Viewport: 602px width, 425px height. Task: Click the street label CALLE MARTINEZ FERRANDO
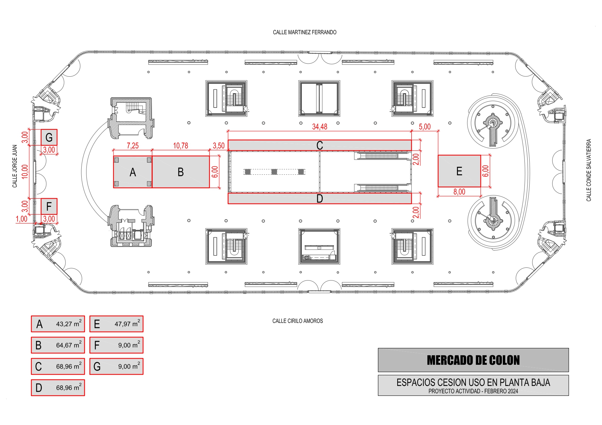pos(305,32)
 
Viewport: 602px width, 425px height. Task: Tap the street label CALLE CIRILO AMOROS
pos(297,321)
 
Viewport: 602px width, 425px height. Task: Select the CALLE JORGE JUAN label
pos(15,166)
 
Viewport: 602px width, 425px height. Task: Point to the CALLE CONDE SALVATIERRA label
pos(589,170)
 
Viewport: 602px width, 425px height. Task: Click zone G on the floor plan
pos(49,137)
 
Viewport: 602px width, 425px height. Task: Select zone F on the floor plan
pos(49,207)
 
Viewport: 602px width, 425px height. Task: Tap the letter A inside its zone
pos(133,172)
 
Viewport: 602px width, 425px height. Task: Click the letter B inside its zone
pos(181,172)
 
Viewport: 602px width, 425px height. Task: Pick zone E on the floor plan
pos(459,171)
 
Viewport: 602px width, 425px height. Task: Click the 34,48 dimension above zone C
pos(320,127)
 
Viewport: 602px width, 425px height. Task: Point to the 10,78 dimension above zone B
pos(180,146)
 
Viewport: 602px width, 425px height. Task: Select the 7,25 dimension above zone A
pos(133,146)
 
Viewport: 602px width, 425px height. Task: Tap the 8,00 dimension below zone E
pos(459,192)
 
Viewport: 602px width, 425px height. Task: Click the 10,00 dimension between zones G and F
pos(25,172)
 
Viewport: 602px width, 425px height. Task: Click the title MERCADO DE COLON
pos(473,360)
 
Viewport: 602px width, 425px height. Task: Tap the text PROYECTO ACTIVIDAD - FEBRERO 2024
pos(473,391)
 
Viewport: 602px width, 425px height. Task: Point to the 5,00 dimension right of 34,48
pos(425,127)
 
